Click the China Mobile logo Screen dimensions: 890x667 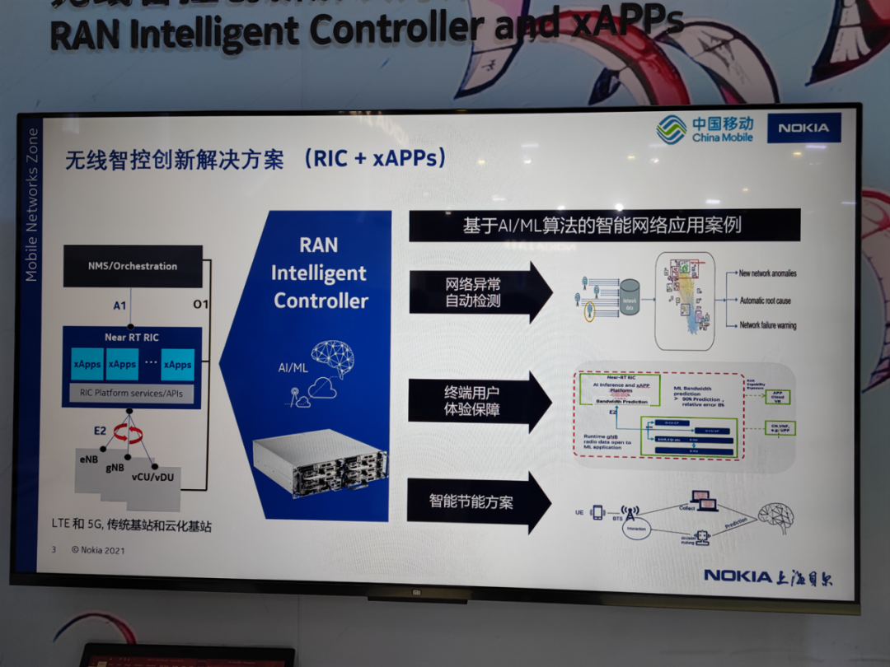click(705, 129)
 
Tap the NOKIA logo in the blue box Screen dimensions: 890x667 click(803, 128)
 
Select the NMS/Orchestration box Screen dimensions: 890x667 click(133, 266)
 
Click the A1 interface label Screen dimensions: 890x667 click(120, 306)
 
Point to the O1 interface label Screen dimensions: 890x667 click(200, 305)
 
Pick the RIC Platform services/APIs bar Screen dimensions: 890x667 click(132, 393)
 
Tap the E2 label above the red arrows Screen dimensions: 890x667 click(101, 430)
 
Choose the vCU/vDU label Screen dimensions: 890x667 click(152, 475)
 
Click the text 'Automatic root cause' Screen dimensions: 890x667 click(766, 301)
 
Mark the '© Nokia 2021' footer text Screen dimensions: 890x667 click(98, 550)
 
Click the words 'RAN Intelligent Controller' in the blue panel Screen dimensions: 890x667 click(320, 273)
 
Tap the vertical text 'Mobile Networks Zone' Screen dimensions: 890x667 click(32, 205)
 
